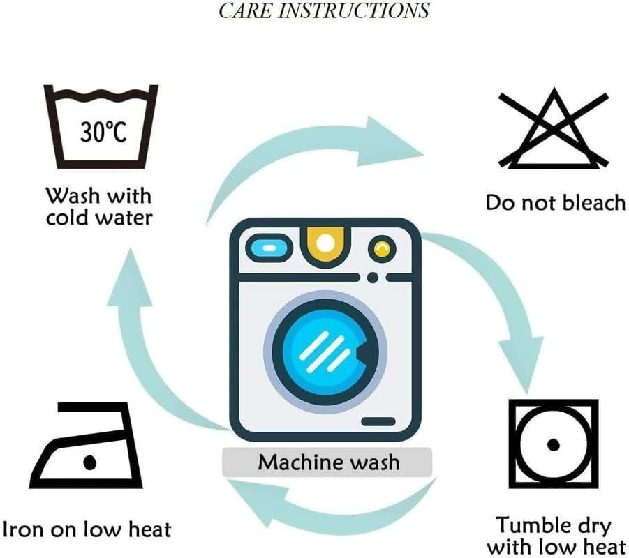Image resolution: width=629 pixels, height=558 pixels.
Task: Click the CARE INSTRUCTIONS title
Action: pos(324,10)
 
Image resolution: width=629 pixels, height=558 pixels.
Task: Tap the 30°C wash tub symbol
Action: pos(101,126)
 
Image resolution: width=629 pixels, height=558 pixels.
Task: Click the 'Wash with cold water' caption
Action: pos(99,206)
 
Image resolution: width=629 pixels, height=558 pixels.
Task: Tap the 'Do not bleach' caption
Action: pos(555,203)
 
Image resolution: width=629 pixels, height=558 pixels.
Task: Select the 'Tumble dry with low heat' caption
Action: pos(553,536)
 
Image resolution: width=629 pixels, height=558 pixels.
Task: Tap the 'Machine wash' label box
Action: pos(328,462)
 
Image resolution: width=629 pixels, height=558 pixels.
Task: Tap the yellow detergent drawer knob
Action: pos(325,242)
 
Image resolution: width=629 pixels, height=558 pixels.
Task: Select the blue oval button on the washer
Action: pos(265,248)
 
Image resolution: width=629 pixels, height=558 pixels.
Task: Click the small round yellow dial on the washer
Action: pos(380,248)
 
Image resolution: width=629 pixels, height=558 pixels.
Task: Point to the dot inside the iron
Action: pos(89,461)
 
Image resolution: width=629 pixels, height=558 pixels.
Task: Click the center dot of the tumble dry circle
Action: pos(554,444)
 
